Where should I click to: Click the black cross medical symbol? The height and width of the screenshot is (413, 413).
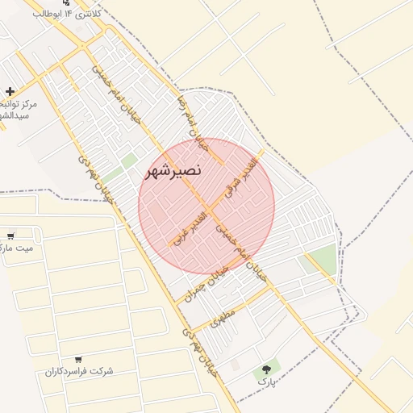click(10, 91)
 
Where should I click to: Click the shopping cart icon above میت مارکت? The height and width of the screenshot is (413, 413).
click(10, 236)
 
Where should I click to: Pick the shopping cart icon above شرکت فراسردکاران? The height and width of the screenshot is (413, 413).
click(78, 359)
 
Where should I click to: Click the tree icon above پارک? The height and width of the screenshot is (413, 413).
click(264, 369)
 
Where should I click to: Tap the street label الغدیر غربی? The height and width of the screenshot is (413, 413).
click(188, 230)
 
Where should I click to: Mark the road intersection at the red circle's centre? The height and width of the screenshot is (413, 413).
click(207, 207)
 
